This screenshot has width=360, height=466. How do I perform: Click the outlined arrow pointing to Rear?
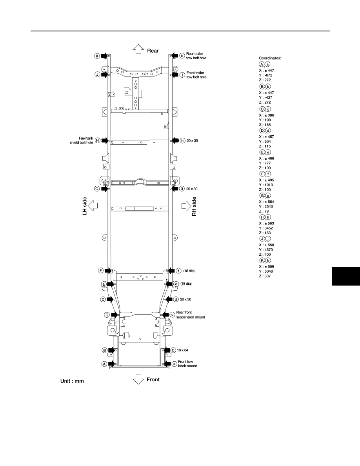[x=138, y=49]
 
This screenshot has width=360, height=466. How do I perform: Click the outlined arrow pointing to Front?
[x=138, y=380]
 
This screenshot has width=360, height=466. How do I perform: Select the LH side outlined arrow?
[x=93, y=206]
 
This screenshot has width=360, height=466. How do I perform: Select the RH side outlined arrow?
[x=187, y=206]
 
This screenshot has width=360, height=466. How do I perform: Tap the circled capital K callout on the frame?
[x=97, y=56]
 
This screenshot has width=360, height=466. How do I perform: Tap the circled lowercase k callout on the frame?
[x=182, y=56]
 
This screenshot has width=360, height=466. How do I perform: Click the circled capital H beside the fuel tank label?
[x=97, y=140]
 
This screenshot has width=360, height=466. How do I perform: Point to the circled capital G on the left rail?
[x=97, y=189]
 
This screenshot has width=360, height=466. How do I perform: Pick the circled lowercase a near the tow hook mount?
[x=175, y=364]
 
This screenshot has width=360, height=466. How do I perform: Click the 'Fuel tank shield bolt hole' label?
[x=82, y=140]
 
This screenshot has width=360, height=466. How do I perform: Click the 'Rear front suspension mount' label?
[x=191, y=315]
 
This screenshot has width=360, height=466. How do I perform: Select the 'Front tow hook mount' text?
[x=187, y=364]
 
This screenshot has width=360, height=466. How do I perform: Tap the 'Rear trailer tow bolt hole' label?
[x=196, y=56]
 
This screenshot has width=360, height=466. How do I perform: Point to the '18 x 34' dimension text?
[x=182, y=350]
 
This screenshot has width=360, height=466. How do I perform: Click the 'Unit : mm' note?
[x=72, y=381]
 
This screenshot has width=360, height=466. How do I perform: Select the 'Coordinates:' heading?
[x=270, y=58]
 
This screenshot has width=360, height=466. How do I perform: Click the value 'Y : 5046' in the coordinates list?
[x=266, y=271]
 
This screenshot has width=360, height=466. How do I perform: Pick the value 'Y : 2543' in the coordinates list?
[x=266, y=207]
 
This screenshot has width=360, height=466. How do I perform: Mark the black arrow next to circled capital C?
[x=115, y=315]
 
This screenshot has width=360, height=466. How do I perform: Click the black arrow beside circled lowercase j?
[x=175, y=75]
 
